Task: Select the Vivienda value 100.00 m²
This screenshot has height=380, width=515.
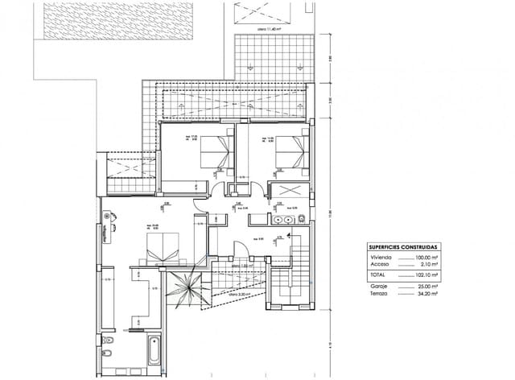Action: pyautogui.click(x=426, y=257)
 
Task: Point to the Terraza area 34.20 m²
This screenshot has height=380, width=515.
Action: pyautogui.click(x=426, y=294)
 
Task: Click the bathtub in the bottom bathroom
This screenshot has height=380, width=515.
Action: pyautogui.click(x=154, y=351)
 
